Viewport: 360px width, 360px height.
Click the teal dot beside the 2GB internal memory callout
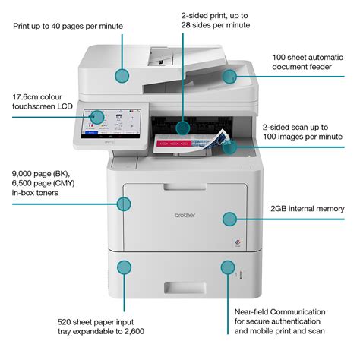[x=229, y=219]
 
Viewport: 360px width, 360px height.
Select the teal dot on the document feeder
[x=229, y=74]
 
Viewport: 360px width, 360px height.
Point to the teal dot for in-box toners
[x=124, y=203]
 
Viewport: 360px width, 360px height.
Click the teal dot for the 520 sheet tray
[x=124, y=267]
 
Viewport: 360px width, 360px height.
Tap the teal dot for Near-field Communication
[x=226, y=267]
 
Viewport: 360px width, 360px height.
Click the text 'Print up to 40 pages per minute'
[x=68, y=26]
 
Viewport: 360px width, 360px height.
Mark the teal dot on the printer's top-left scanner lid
[x=122, y=74]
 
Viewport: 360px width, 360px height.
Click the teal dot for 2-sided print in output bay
[x=183, y=125]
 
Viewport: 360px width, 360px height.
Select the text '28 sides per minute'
[x=215, y=25]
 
